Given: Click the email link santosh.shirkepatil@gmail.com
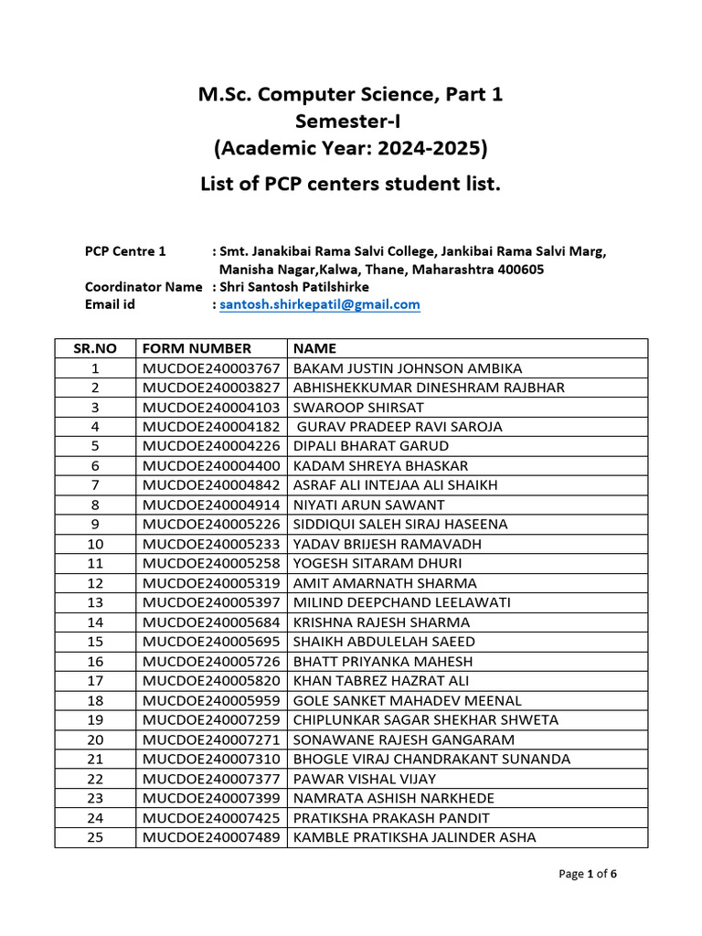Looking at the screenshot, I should pyautogui.click(x=319, y=304).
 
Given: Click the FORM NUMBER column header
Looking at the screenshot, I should pyautogui.click(x=196, y=348).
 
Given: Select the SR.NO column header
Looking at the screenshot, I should pyautogui.click(x=94, y=348).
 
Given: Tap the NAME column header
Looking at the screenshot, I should pyautogui.click(x=314, y=348).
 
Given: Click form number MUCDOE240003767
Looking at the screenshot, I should pyautogui.click(x=211, y=368).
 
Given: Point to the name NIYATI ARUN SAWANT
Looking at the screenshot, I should pyautogui.click(x=368, y=505).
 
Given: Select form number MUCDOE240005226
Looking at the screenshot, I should pyautogui.click(x=211, y=525).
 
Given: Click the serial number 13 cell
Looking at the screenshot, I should pyautogui.click(x=94, y=602).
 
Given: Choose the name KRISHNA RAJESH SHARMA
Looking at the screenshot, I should pyautogui.click(x=381, y=622).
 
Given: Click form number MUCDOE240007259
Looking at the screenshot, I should pyautogui.click(x=211, y=720).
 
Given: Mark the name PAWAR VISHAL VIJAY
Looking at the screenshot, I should pyautogui.click(x=364, y=779).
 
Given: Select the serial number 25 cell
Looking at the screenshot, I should pyautogui.click(x=94, y=837).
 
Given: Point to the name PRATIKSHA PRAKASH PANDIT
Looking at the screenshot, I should pyautogui.click(x=390, y=818).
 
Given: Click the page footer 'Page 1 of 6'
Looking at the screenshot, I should pyautogui.click(x=588, y=874).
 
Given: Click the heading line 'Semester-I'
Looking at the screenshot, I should pyautogui.click(x=350, y=121).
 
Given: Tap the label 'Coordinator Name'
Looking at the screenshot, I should pyautogui.click(x=144, y=287).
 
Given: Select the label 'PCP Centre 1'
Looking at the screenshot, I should pyautogui.click(x=125, y=251).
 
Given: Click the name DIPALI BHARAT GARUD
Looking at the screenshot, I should pyautogui.click(x=370, y=446).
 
